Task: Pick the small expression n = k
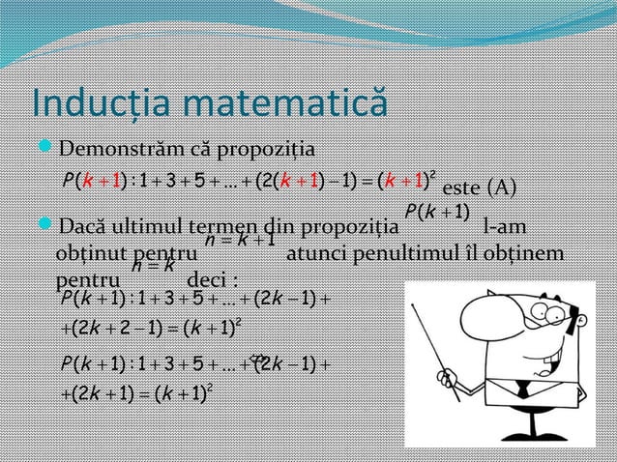[x=153, y=265]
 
